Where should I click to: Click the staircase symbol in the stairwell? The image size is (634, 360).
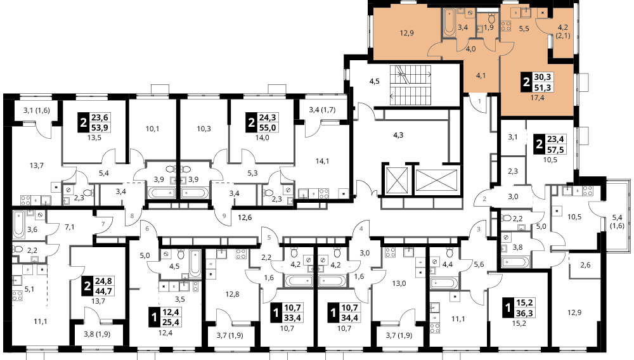click(x=410, y=86)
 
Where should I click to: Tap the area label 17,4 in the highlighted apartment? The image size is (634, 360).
click(x=538, y=98)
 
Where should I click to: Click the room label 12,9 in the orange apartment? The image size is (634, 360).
click(x=406, y=33)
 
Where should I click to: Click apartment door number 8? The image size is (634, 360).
click(x=132, y=215)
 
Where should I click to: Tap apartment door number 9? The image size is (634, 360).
click(x=224, y=215)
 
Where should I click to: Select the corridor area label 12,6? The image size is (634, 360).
click(x=245, y=217)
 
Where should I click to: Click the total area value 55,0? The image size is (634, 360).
click(x=268, y=128)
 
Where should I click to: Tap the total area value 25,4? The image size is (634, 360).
click(x=171, y=322)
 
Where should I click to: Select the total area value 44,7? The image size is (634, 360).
click(x=104, y=291)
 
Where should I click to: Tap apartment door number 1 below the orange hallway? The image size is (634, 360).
click(x=480, y=101)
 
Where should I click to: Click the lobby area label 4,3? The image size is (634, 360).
click(x=398, y=136)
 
